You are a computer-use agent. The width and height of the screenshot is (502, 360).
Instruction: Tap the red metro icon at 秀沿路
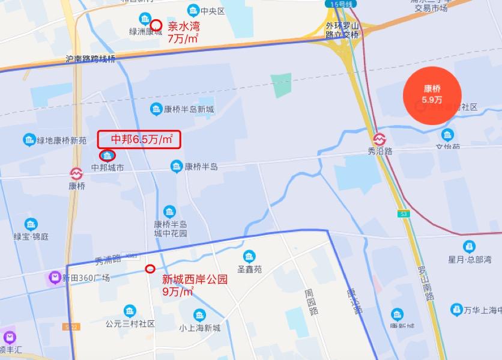coord(380,139)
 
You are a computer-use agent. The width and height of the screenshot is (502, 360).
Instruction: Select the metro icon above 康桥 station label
coord(76,174)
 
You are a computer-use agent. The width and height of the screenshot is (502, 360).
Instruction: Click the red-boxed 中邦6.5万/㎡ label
coord(139,139)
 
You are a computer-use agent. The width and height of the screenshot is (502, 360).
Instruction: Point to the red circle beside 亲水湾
coord(156,26)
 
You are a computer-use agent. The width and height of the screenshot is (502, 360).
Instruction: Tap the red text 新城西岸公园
coord(195,279)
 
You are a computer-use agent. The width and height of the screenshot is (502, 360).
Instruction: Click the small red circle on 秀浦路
coord(150,269)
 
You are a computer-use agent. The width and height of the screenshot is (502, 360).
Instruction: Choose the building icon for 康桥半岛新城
coord(156,109)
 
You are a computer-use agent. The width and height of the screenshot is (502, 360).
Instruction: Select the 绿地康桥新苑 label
coord(62,141)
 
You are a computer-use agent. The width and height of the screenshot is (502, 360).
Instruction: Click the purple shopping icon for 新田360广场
coord(53,278)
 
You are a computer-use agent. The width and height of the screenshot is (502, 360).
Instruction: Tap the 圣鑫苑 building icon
coord(249,256)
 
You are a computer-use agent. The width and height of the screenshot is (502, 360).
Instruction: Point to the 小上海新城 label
coord(199,328)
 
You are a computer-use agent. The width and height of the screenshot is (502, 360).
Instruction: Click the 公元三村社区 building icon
coord(129,311)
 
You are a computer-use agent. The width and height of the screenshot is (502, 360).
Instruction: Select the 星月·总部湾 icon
coord(469,246)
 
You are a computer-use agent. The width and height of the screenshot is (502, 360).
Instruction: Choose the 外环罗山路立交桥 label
coord(342,30)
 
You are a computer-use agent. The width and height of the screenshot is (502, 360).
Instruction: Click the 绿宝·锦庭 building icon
coord(31,224)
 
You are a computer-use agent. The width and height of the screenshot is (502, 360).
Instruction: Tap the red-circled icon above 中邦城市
coord(108,156)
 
